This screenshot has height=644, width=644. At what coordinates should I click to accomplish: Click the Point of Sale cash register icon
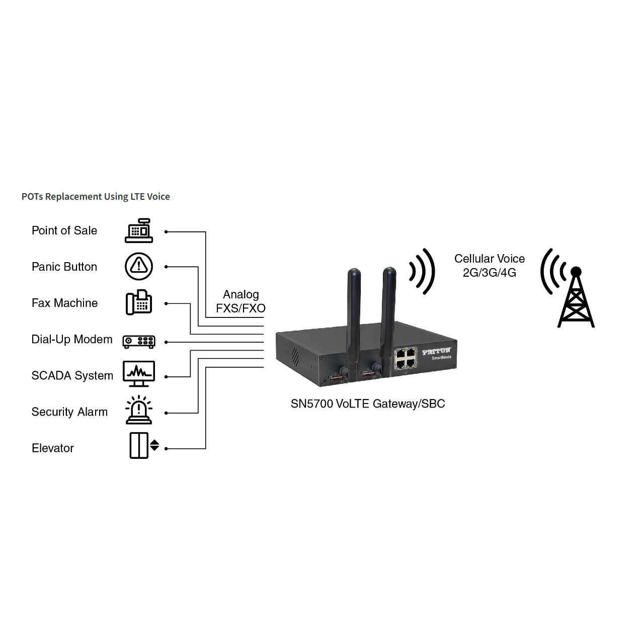pyautogui.click(x=139, y=230)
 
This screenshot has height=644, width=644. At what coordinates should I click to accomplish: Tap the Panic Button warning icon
pyautogui.click(x=139, y=266)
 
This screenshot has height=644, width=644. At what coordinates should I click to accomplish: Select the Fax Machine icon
pyautogui.click(x=139, y=302)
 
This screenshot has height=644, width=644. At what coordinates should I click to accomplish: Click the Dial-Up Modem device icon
pyautogui.click(x=139, y=342)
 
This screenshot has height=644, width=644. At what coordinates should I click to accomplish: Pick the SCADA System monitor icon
pyautogui.click(x=139, y=374)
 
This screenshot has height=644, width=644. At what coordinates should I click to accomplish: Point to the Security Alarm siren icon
pyautogui.click(x=139, y=410)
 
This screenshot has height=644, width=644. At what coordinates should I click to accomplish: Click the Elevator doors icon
pyautogui.click(x=144, y=445)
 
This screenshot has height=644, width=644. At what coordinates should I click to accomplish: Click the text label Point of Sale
pyautogui.click(x=64, y=230)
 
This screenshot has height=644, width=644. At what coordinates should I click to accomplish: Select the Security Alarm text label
pyautogui.click(x=69, y=412)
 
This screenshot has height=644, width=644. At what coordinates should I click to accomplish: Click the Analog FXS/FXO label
pyautogui.click(x=240, y=301)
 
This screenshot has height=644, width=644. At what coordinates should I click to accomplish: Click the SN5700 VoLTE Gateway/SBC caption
pyautogui.click(x=368, y=404)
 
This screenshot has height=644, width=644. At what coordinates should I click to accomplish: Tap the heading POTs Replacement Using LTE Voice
pyautogui.click(x=96, y=197)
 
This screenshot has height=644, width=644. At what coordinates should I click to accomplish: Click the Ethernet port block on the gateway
pyautogui.click(x=406, y=358)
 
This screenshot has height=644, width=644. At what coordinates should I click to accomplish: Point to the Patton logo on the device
pyautogui.click(x=436, y=351)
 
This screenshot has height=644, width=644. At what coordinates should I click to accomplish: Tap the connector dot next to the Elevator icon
pyautogui.click(x=166, y=449)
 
